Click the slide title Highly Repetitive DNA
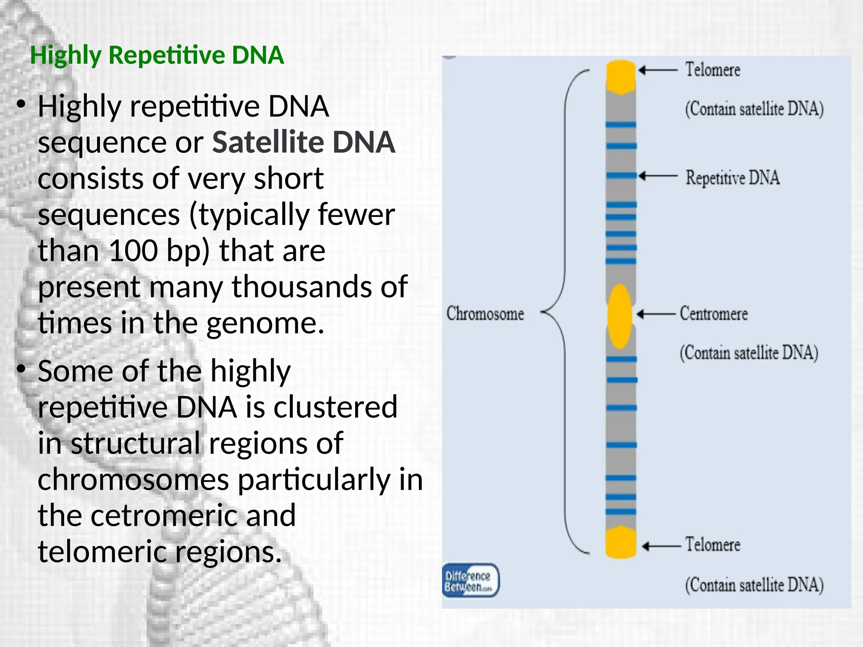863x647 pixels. click(x=157, y=55)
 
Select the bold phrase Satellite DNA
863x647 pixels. click(x=303, y=142)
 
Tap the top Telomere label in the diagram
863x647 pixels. click(x=712, y=70)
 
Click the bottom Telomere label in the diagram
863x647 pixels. click(x=712, y=544)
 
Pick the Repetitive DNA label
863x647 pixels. click(x=732, y=177)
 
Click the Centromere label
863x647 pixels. click(x=714, y=314)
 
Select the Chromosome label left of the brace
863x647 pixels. click(x=485, y=314)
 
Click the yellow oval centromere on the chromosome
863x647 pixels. click(x=620, y=316)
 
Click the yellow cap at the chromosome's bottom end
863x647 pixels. click(x=620, y=543)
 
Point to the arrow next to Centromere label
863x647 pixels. click(x=656, y=314)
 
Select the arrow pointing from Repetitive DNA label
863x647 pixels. click(x=657, y=176)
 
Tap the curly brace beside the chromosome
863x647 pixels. click(x=565, y=312)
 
